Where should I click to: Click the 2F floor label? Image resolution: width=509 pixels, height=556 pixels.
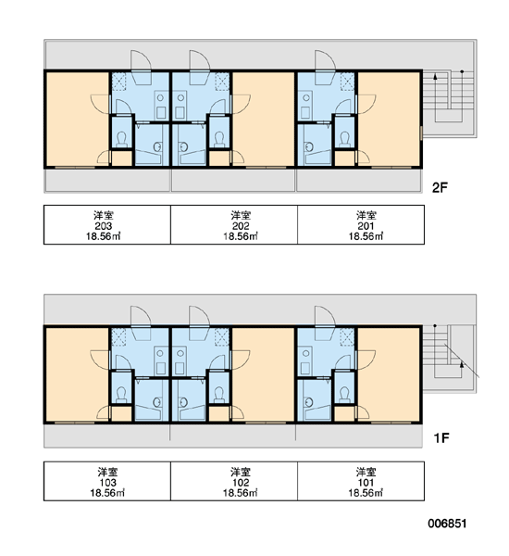[x=440, y=187]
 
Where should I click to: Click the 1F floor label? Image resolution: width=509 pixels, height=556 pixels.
[x=441, y=438]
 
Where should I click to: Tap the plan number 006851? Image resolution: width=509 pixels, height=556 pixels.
[x=447, y=524]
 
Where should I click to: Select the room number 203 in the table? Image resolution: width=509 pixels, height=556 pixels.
[x=104, y=226]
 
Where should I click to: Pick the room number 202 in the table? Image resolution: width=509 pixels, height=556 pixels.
[x=241, y=226]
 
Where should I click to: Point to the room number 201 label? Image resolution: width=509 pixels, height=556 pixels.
[x=366, y=226]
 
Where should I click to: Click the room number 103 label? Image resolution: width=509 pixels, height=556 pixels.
[x=107, y=483]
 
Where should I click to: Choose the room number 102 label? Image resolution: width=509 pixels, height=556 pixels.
[x=241, y=483]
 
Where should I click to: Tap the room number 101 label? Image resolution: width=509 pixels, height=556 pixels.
[x=366, y=483]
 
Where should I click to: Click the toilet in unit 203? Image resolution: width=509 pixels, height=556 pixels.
[x=122, y=139]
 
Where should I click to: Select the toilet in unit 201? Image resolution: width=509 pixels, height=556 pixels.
[x=344, y=139]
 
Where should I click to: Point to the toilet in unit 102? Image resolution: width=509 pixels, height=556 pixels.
[x=219, y=395]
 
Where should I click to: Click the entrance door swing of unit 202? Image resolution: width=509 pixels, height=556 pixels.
[x=199, y=60]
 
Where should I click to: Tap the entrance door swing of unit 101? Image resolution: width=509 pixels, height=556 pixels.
[x=325, y=316]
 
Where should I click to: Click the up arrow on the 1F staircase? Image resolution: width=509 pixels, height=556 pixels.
[x=461, y=369]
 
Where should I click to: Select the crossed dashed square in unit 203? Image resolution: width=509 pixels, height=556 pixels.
[x=118, y=82]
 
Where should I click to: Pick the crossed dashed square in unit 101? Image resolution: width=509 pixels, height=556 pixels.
[x=347, y=336]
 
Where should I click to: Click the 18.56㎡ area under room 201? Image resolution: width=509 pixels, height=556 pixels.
[x=366, y=236]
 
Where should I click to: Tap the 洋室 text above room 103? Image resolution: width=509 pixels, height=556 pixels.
[x=107, y=472]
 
